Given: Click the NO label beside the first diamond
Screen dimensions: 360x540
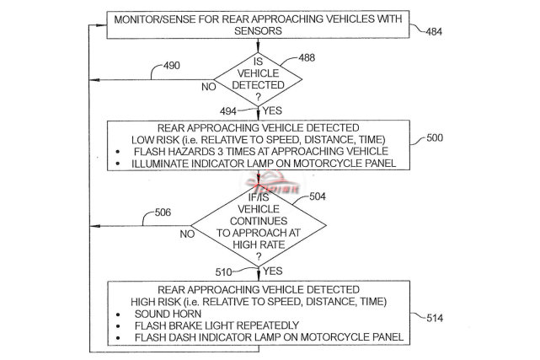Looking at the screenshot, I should point(207,86).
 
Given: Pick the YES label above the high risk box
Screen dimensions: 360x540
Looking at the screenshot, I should point(271,271).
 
